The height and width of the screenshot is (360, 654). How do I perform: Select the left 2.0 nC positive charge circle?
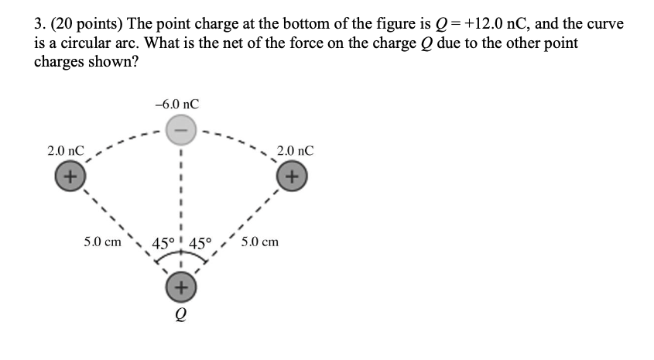(x=68, y=176)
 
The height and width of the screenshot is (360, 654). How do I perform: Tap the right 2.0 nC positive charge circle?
(x=292, y=176)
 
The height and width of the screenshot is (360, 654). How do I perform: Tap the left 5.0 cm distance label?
(x=103, y=242)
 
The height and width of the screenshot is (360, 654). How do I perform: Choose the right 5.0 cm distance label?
(x=260, y=242)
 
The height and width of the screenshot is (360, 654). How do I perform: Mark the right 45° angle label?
(x=200, y=244)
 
